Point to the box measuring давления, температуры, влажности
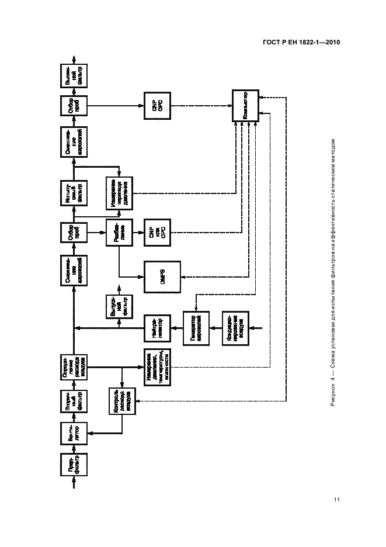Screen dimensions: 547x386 point(157,366)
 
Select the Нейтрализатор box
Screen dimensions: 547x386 point(157,328)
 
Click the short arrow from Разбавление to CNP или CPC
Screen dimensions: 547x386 point(138,233)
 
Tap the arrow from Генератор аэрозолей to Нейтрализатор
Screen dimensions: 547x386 point(176,328)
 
